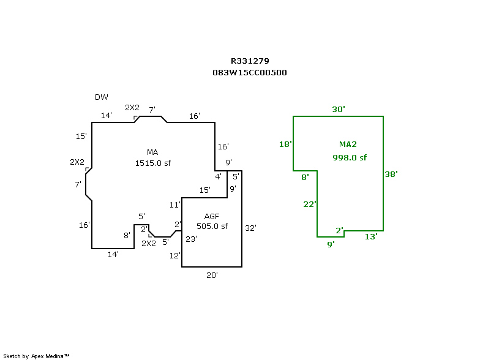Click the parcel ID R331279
pyautogui.click(x=250, y=61)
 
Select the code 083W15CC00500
pyautogui.click(x=250, y=73)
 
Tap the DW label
pyautogui.click(x=102, y=97)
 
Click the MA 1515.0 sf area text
pyautogui.click(x=153, y=158)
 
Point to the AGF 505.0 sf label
pyautogui.click(x=212, y=221)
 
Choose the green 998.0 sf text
pyautogui.click(x=350, y=157)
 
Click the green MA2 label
pyautogui.click(x=348, y=144)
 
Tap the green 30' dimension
pyautogui.click(x=339, y=109)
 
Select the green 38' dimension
pyautogui.click(x=391, y=174)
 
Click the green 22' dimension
pyautogui.click(x=310, y=204)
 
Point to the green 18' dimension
pyautogui.click(x=285, y=144)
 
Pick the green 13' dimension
pyautogui.click(x=371, y=237)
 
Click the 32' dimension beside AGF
pyautogui.click(x=250, y=228)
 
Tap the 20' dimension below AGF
pyautogui.click(x=212, y=275)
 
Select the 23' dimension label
pyautogui.click(x=191, y=239)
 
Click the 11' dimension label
pyautogui.click(x=175, y=205)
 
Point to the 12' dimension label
pyautogui.click(x=175, y=256)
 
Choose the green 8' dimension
pyautogui.click(x=305, y=178)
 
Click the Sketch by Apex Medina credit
pyautogui.click(x=36, y=356)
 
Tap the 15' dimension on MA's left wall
pyautogui.click(x=81, y=137)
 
